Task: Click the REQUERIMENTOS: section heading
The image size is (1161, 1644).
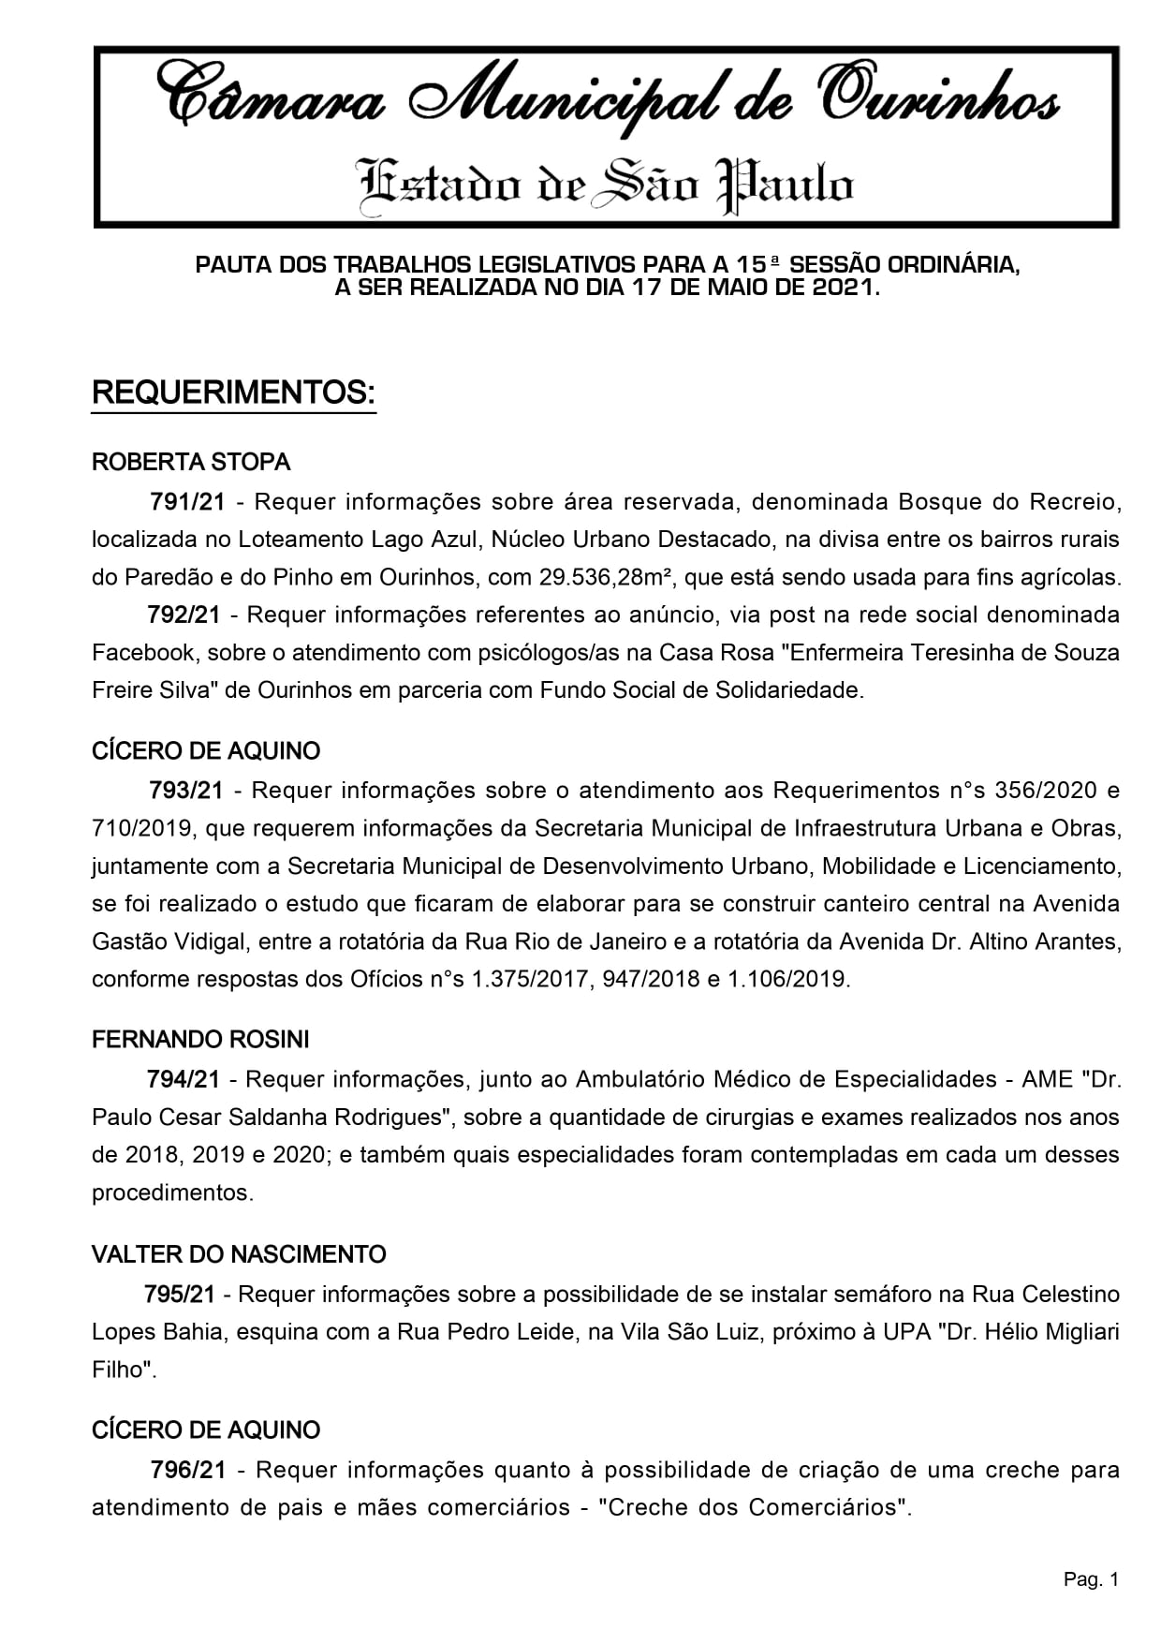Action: pos(233,393)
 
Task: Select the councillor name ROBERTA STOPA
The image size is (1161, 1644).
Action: pos(191,462)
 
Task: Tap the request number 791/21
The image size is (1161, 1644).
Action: pos(188,502)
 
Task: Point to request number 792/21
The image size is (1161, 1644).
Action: pos(184,615)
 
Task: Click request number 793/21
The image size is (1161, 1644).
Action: pos(186,791)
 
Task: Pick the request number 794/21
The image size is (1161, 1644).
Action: pos(184,1079)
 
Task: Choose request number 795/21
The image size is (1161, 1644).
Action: pos(180,1295)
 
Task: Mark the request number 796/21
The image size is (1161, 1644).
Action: pos(188,1470)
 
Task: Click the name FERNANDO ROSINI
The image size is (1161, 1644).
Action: pos(200,1040)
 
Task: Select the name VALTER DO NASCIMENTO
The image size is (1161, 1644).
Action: pos(239,1254)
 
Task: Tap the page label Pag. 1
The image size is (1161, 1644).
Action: pos(1091,1580)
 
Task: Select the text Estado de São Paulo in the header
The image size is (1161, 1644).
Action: pos(607,184)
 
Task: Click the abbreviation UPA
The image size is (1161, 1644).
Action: pos(904,1332)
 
